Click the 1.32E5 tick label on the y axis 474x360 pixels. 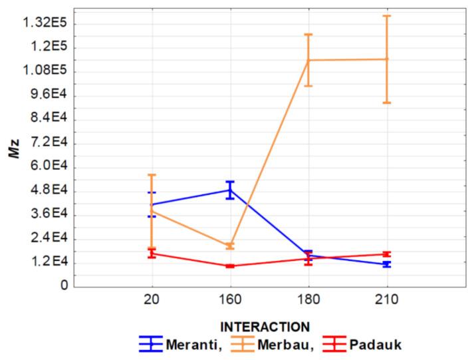point(41,24)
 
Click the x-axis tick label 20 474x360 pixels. point(152,300)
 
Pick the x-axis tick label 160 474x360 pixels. point(230,300)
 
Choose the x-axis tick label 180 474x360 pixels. point(308,300)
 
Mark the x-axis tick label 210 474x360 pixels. point(386,300)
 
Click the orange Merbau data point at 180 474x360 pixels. point(308,60)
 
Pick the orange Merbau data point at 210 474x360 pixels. point(386,59)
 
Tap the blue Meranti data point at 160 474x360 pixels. point(230,190)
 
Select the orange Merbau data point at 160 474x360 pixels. point(230,246)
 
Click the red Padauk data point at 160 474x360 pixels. point(230,266)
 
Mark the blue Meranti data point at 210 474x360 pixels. point(386,264)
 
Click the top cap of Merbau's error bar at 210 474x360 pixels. point(386,16)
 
